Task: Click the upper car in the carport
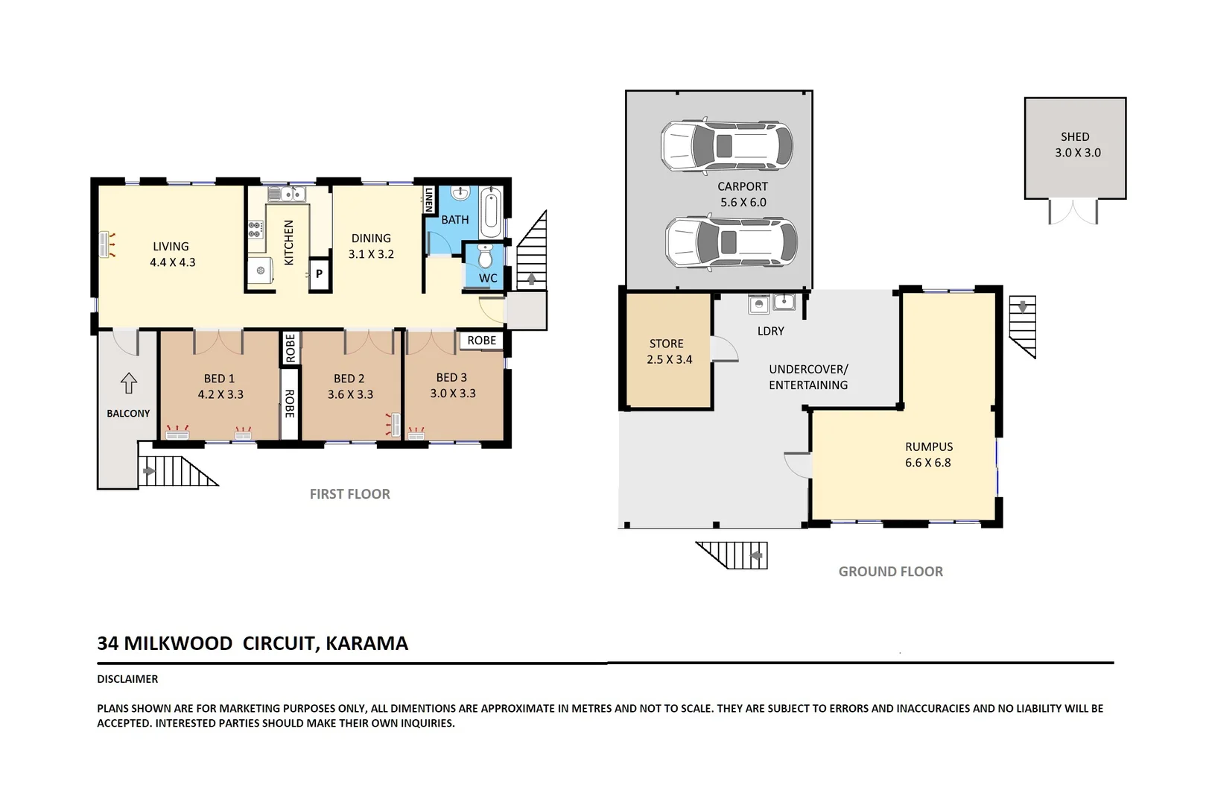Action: tap(726, 145)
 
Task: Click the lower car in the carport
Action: tap(731, 241)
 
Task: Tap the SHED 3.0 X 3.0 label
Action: tap(1076, 145)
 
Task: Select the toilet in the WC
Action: tap(485, 256)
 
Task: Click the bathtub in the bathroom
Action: tap(491, 212)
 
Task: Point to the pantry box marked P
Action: tap(320, 274)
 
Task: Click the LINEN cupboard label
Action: tap(429, 200)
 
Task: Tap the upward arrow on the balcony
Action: tap(129, 382)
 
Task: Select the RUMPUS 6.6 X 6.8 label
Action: tap(928, 455)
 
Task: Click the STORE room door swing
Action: tap(723, 349)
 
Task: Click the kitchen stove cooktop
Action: tap(256, 230)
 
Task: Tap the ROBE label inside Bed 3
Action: tap(481, 341)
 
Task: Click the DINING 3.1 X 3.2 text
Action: tap(371, 246)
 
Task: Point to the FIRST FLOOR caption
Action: tap(350, 494)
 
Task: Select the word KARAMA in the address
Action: tap(366, 643)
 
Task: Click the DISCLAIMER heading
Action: tap(127, 679)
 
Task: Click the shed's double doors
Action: tap(1073, 212)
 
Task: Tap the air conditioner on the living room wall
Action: tap(104, 244)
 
